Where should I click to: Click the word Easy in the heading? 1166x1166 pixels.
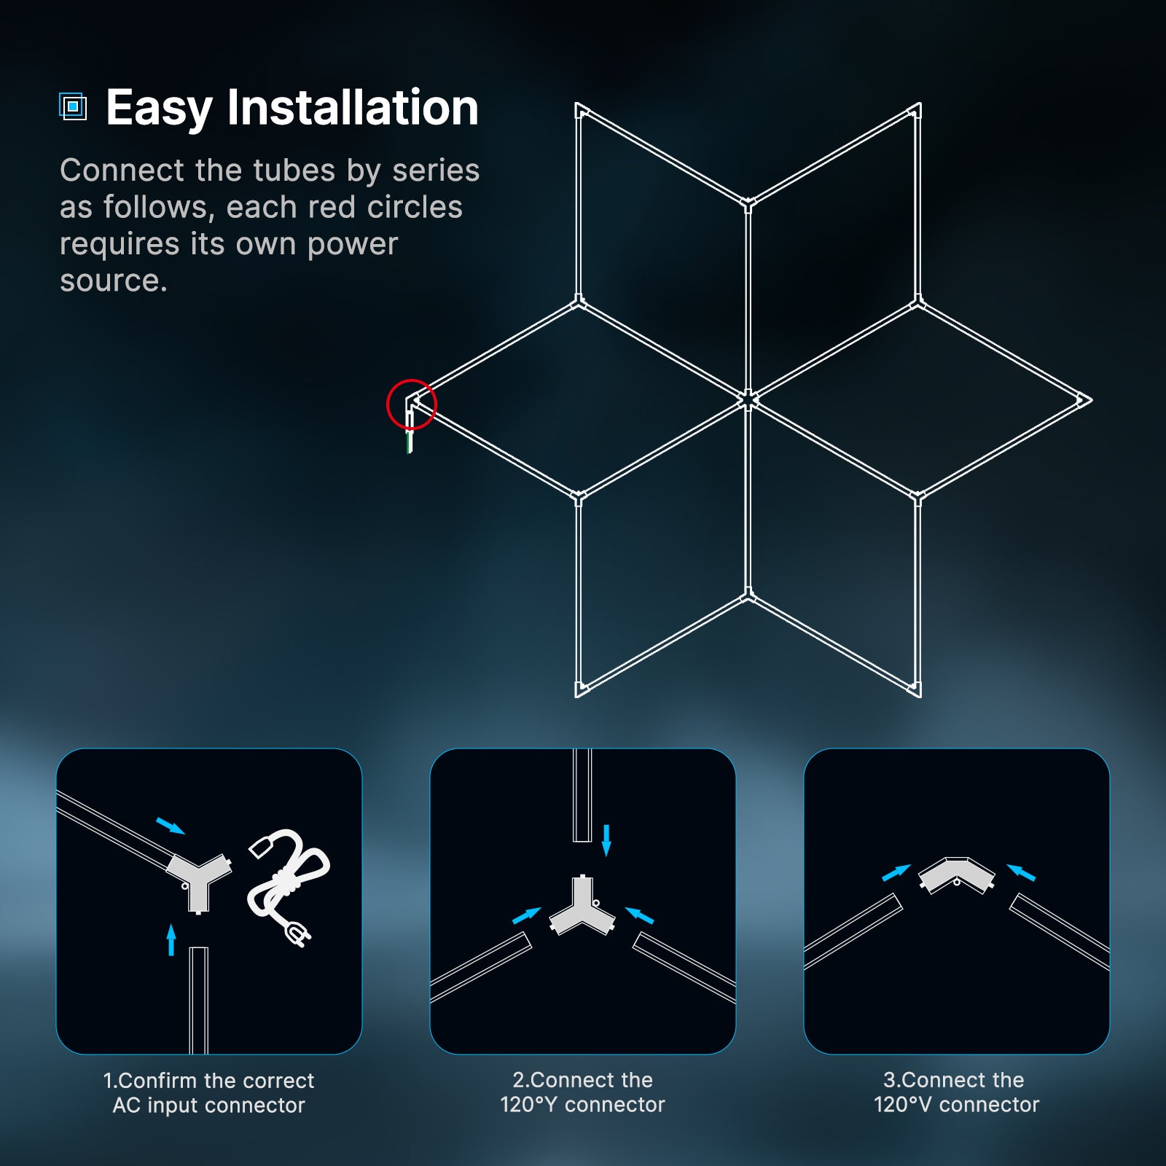tap(159, 109)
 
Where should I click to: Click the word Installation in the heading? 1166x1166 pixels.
tap(353, 107)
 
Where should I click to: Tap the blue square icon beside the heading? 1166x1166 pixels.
tap(73, 106)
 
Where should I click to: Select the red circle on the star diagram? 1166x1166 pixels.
tap(411, 403)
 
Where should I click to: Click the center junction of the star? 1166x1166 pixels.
tap(748, 399)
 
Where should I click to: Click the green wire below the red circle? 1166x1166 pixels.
tap(409, 442)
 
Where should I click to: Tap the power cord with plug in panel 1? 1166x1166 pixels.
tap(289, 885)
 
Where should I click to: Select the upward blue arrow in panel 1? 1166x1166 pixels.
tap(171, 939)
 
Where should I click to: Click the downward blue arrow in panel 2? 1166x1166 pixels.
tap(606, 840)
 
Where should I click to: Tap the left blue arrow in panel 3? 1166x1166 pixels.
tap(896, 872)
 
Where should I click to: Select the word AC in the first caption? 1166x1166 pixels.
tap(126, 1106)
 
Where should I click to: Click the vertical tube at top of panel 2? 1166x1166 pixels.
tap(582, 794)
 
